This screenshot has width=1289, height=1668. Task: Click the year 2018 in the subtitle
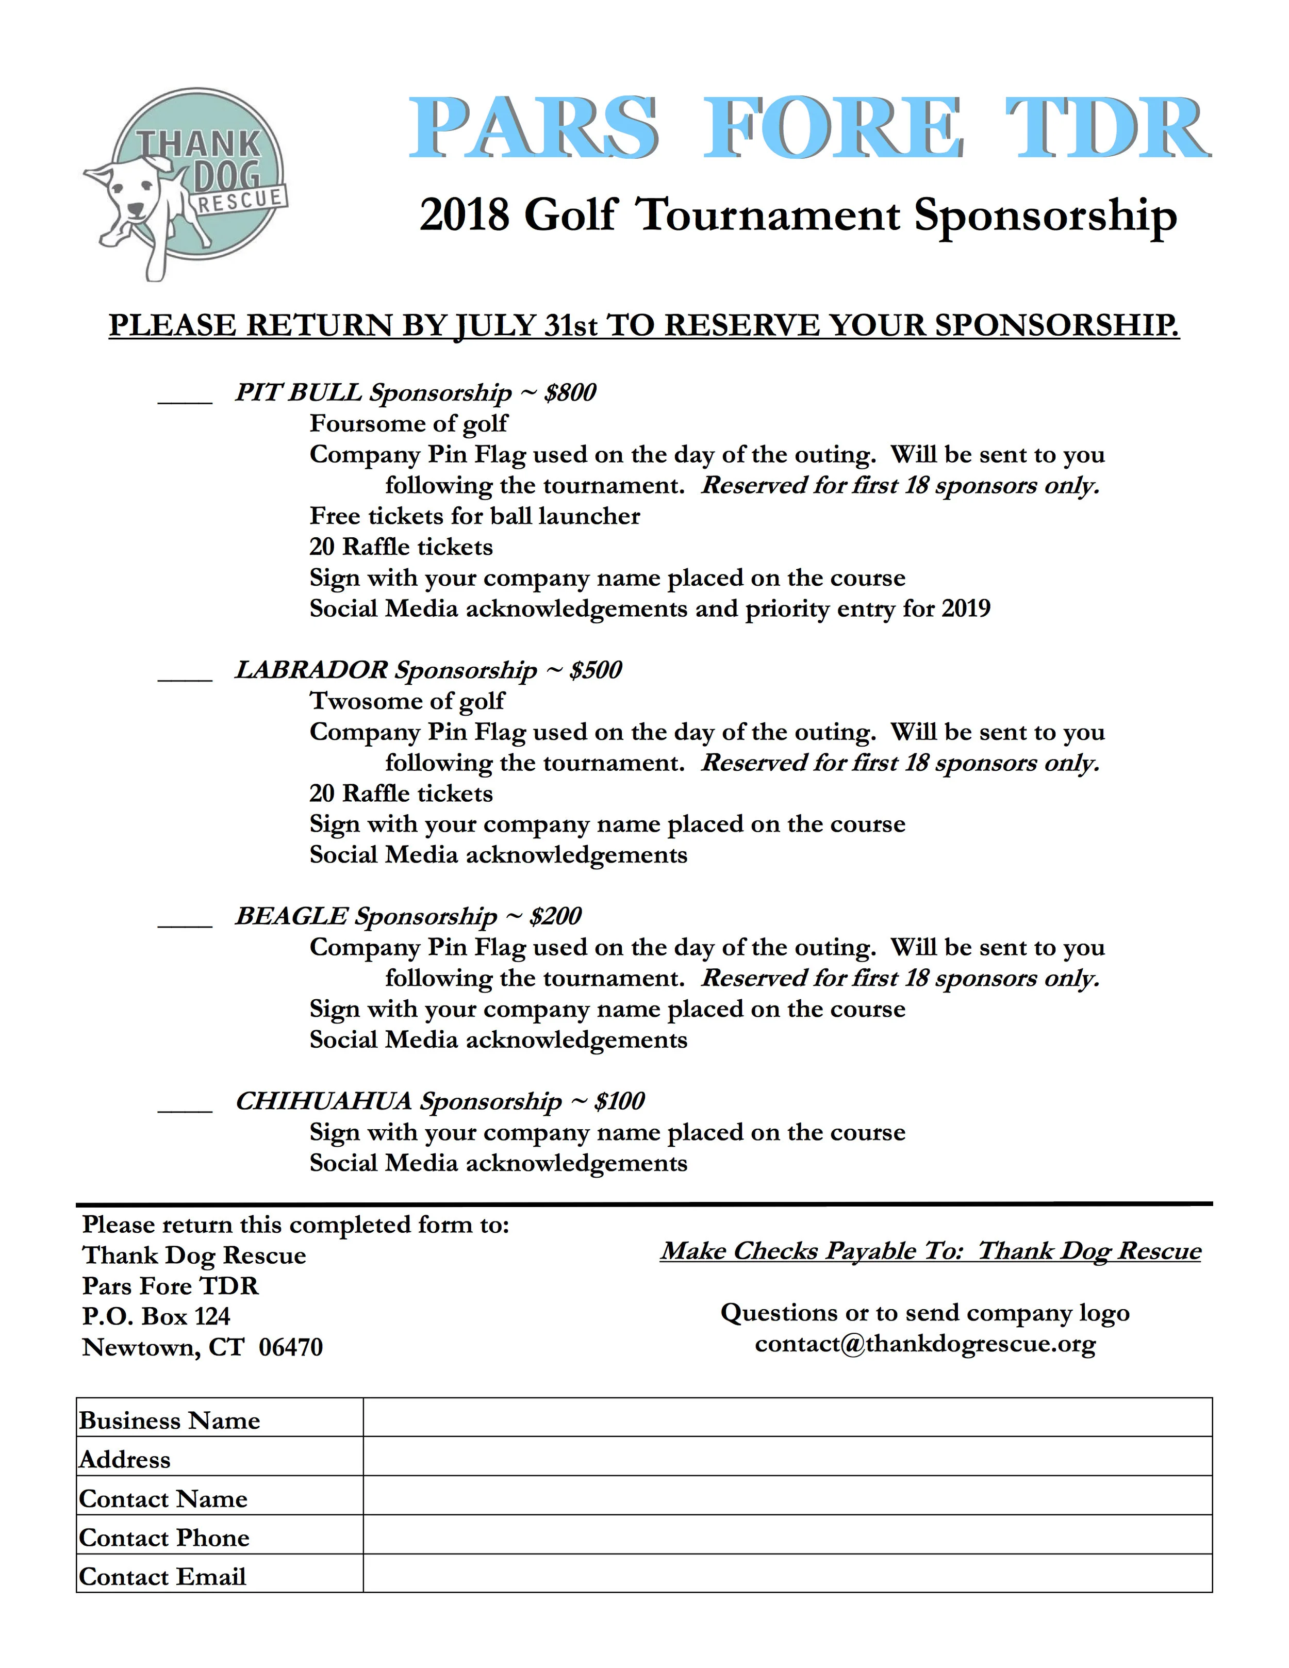[464, 216]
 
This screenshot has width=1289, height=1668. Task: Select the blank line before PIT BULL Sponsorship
[185, 397]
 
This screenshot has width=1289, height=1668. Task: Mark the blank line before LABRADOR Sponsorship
[185, 674]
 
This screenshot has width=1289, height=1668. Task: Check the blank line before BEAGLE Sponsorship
[185, 920]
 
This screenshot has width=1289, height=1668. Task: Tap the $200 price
[555, 916]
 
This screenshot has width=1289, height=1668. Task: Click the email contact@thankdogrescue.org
[925, 1343]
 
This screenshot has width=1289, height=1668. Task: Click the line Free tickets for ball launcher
[474, 516]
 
